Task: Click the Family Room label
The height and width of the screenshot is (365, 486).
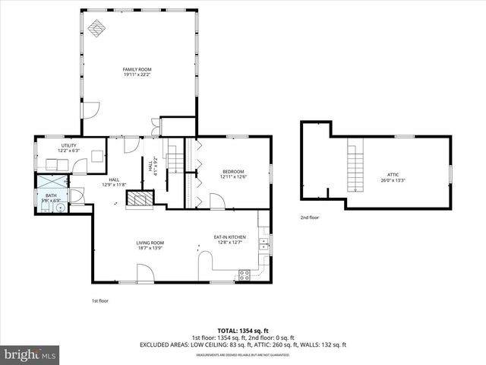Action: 137,71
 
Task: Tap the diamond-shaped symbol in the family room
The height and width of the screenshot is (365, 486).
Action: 96,28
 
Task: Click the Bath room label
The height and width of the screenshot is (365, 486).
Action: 51,198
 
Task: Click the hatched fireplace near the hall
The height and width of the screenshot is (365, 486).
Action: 138,199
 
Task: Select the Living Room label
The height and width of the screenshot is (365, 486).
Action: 150,245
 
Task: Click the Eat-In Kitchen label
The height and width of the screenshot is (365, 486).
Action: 229,239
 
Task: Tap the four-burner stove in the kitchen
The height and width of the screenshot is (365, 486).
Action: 245,275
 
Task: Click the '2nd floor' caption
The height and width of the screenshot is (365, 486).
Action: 309,218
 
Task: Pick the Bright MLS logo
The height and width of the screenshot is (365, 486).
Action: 30,354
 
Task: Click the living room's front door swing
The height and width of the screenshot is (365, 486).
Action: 146,273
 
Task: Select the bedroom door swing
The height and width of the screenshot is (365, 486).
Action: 217,202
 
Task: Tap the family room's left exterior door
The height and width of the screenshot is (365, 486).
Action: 90,111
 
